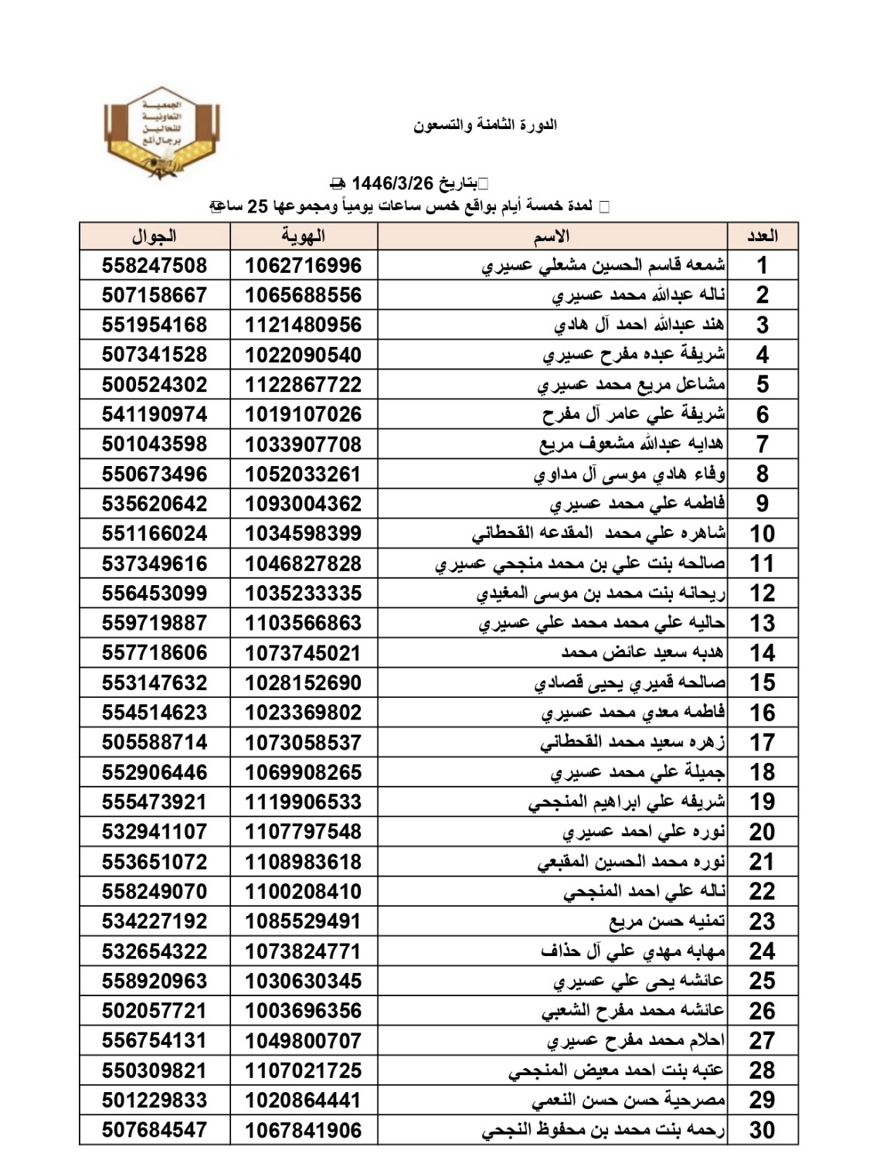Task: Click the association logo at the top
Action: (161, 134)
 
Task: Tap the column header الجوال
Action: (154, 236)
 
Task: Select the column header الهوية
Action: (304, 236)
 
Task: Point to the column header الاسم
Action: (552, 236)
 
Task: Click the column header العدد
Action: (762, 236)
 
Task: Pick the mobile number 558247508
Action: (155, 266)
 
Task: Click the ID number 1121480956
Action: (304, 325)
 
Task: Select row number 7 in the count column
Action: (762, 444)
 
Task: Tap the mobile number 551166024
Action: (155, 534)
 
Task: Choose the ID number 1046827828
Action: (304, 564)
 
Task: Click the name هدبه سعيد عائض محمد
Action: (643, 653)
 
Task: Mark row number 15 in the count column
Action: (762, 683)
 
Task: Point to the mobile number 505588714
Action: (155, 743)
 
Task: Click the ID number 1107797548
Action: (304, 832)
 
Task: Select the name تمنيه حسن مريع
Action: (667, 921)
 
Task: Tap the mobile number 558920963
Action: (155, 982)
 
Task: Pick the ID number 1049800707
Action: (304, 1041)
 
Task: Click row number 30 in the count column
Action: (762, 1131)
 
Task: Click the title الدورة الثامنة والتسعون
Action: (485, 124)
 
